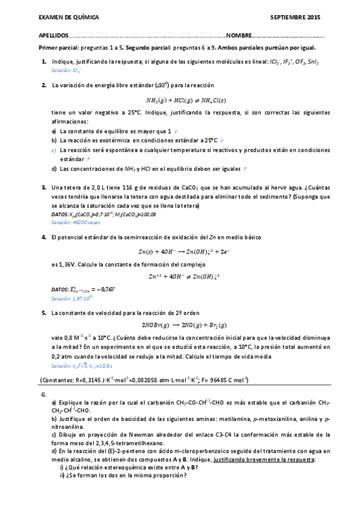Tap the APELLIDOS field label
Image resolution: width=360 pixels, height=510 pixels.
coord(52,36)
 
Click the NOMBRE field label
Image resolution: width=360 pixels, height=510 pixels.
coord(238,36)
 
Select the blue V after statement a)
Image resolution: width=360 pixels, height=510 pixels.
coord(175,131)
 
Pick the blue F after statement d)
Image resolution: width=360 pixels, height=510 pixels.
coord(245,168)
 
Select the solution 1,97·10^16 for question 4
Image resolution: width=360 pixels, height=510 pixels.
coord(72,298)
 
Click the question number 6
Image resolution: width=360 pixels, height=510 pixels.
coord(44,395)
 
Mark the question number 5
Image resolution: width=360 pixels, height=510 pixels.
coord(44,313)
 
